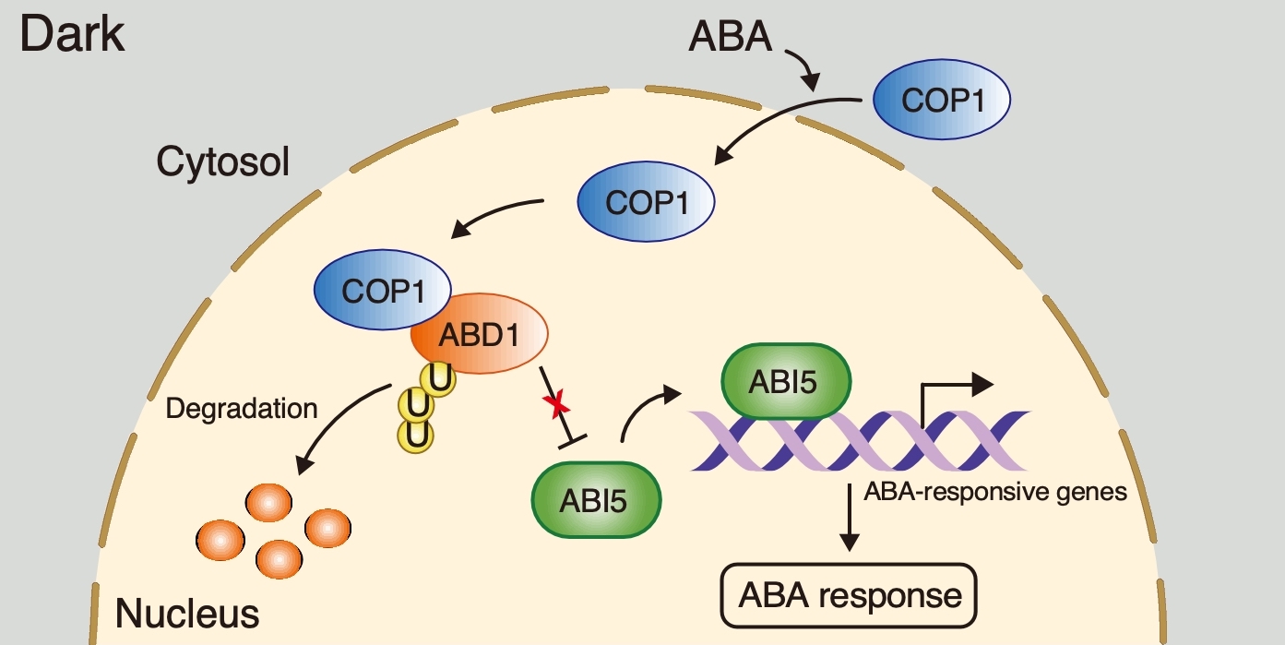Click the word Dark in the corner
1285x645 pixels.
72,34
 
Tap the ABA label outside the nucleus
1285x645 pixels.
730,39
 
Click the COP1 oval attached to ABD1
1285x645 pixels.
382,291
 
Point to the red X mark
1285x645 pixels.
555,405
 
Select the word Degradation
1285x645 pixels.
241,408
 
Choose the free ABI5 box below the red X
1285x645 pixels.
595,500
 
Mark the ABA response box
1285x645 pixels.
847,594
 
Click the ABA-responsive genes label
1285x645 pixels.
995,491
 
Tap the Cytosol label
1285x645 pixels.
222,163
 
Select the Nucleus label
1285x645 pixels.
187,612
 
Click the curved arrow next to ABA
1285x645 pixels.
803,70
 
